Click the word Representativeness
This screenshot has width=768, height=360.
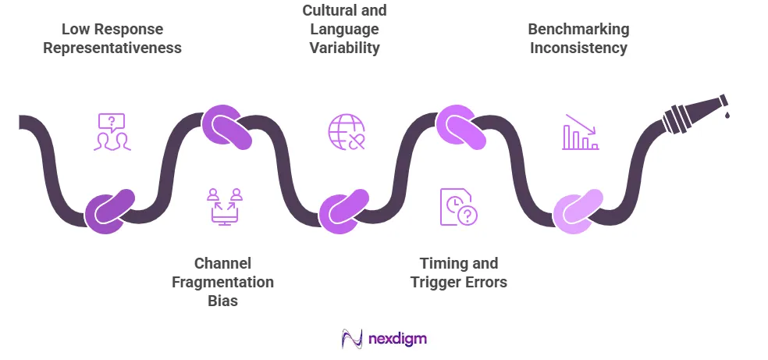coord(112,48)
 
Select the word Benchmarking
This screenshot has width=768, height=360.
coord(578,29)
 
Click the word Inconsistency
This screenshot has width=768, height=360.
coord(578,48)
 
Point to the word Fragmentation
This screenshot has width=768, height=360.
coord(222,283)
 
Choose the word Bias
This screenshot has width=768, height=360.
coord(223,301)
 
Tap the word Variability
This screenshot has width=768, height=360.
coord(344,48)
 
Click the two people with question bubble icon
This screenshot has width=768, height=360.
coord(112,132)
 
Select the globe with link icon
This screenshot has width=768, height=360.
coord(347,132)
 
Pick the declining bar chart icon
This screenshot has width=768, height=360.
coord(581,132)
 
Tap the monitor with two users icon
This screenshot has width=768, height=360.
coord(225,207)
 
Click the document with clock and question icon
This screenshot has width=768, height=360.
coord(458,207)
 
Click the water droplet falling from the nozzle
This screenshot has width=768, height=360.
coord(727,115)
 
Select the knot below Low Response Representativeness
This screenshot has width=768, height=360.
coord(108,211)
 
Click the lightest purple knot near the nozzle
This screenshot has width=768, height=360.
coord(578,211)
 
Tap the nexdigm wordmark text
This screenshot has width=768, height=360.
coord(397,338)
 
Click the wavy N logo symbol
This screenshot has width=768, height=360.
coord(352,338)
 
